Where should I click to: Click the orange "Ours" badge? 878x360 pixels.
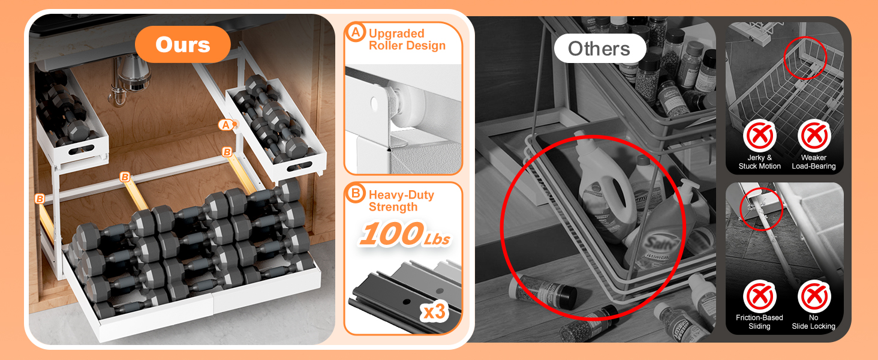(x=183, y=44)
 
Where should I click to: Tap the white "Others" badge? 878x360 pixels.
(x=599, y=49)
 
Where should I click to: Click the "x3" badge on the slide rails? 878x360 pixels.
(x=434, y=311)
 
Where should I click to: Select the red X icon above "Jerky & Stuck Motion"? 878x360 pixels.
(x=759, y=137)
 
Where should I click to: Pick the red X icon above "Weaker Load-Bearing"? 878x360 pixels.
(x=814, y=137)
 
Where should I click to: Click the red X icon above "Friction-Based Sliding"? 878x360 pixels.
(x=759, y=296)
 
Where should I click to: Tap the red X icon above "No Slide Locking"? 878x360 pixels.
(x=814, y=296)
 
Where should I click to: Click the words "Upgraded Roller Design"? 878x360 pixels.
(x=407, y=40)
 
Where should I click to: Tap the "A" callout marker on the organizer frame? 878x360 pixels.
(x=225, y=125)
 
